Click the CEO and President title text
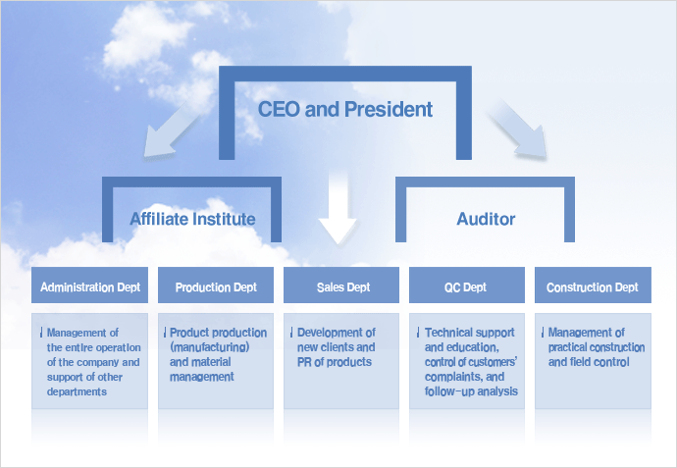(345, 109)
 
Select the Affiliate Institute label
(192, 219)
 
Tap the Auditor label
(486, 219)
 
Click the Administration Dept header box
(90, 285)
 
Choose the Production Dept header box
(216, 285)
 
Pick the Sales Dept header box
(341, 285)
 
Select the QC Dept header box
(467, 285)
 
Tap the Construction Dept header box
(593, 285)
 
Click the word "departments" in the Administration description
(77, 392)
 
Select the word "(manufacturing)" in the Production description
(209, 347)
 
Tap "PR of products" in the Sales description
(335, 362)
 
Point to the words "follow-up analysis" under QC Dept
(471, 391)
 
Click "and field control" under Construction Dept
(589, 362)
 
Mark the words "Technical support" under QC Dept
(469, 333)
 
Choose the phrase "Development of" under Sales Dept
(336, 333)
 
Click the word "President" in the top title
(389, 109)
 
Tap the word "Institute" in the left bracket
(224, 219)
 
